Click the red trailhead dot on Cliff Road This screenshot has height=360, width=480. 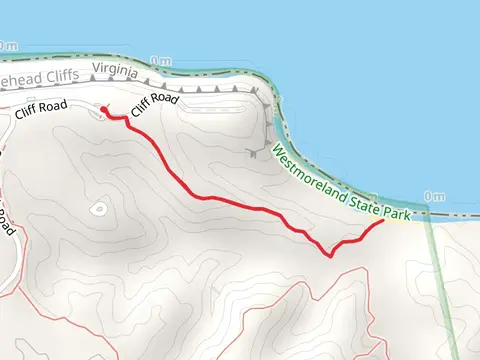(104, 110)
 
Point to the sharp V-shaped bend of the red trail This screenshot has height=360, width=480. (331, 256)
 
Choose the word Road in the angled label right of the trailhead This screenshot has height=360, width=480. (166, 98)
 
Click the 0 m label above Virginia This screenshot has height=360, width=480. (161, 61)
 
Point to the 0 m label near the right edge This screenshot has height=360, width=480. (433, 197)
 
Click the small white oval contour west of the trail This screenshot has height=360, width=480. (98, 208)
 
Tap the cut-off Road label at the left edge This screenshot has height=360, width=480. (5, 222)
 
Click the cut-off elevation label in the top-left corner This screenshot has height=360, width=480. (8, 46)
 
